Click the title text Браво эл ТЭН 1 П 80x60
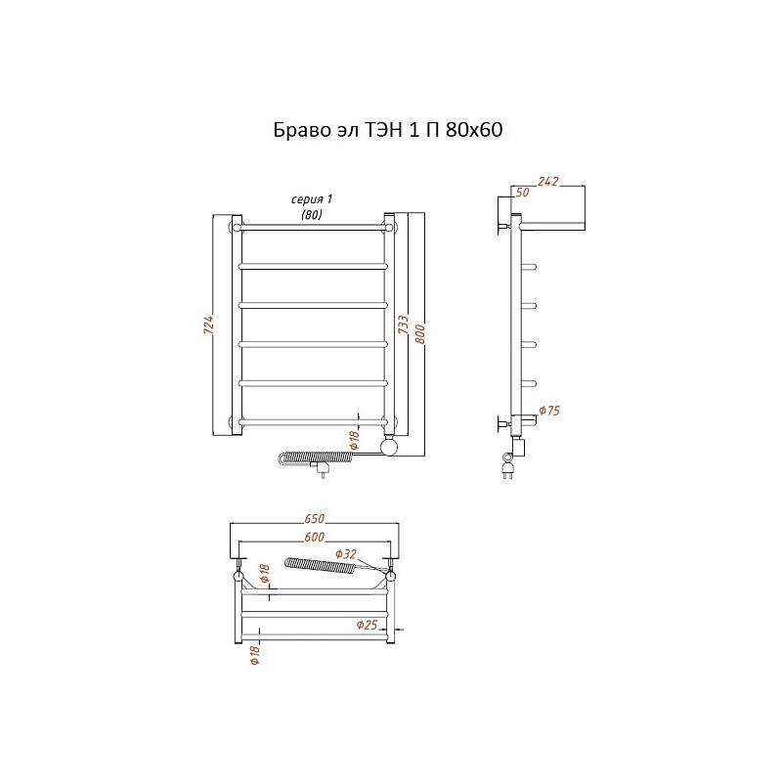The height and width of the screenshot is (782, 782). tap(388, 130)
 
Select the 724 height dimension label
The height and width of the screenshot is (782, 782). tap(209, 325)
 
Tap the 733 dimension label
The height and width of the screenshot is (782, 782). tap(403, 325)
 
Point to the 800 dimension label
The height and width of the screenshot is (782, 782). tap(420, 334)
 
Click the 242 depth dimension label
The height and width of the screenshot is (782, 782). tap(547, 182)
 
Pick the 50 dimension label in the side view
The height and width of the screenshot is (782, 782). tap(522, 193)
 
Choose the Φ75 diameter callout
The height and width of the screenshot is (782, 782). tap(549, 411)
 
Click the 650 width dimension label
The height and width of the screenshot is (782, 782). tap(314, 519)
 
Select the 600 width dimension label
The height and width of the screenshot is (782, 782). tap(314, 537)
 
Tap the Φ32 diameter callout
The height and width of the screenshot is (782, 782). tap(346, 554)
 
